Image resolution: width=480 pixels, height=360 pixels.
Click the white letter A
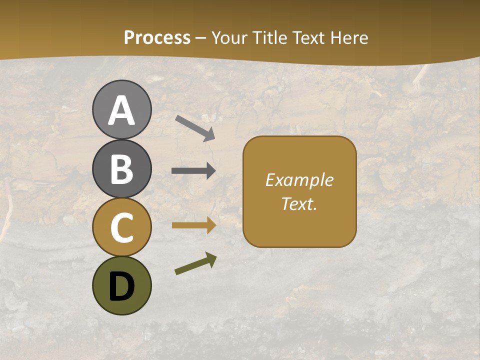pyautogui.click(x=121, y=111)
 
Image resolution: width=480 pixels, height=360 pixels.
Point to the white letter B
pyautogui.click(x=121, y=169)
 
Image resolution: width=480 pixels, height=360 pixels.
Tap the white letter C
pyautogui.click(x=121, y=227)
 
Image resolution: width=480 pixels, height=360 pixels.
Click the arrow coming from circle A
pyautogui.click(x=195, y=128)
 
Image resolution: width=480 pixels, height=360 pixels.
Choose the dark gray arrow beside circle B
pyautogui.click(x=193, y=171)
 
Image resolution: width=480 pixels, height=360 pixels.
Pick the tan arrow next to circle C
pyautogui.click(x=194, y=225)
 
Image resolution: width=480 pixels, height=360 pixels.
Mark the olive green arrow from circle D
pyautogui.click(x=195, y=263)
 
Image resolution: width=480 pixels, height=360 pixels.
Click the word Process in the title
pyautogui.click(x=157, y=38)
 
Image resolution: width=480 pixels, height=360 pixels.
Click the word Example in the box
pyautogui.click(x=299, y=180)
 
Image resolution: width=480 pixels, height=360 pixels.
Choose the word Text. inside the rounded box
pyautogui.click(x=299, y=203)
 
